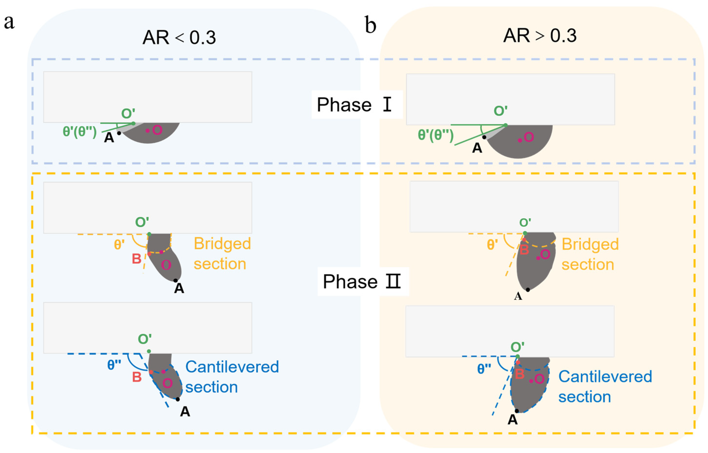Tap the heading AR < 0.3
click(x=179, y=38)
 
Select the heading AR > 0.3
click(x=540, y=36)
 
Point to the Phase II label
click(x=362, y=281)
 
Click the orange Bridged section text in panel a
click(x=222, y=254)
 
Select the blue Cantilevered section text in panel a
click(x=232, y=377)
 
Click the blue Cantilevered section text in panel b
click(x=605, y=386)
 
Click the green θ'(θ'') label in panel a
click(x=80, y=132)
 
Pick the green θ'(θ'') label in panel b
click(x=435, y=135)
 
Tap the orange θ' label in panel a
click(x=119, y=244)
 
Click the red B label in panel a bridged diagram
click(x=136, y=259)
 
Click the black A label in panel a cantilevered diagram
click(x=185, y=412)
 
